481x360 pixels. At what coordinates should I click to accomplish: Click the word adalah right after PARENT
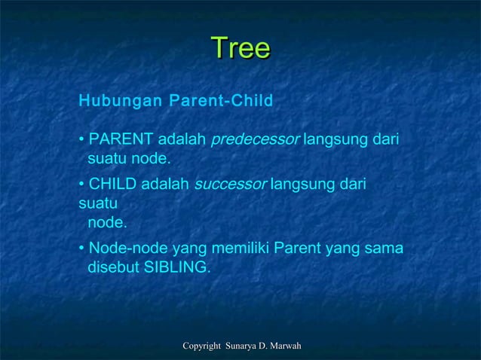point(182,140)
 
